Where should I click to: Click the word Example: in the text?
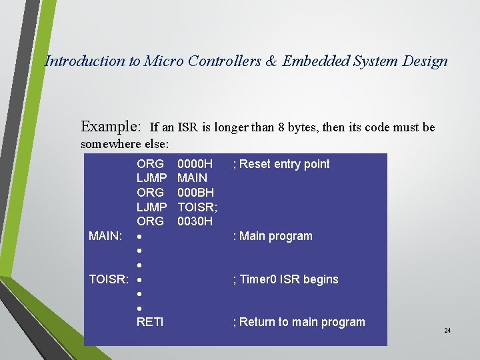111,127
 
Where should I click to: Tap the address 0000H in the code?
195,164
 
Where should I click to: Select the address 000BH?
195,193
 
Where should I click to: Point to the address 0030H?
195,221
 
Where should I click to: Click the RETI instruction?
150,322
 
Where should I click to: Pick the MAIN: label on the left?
105,236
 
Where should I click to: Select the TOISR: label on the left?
109,279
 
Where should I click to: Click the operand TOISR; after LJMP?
197,207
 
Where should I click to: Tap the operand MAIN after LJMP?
192,178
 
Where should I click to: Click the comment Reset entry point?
281,164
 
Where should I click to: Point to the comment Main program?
272,236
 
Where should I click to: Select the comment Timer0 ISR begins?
285,279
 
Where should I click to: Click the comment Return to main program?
299,322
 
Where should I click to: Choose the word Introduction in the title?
84,61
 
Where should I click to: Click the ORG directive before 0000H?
150,164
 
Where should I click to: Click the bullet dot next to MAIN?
139,237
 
